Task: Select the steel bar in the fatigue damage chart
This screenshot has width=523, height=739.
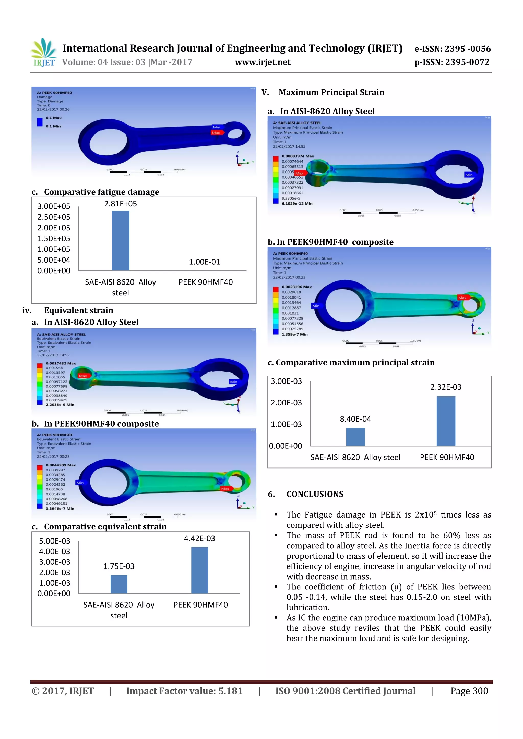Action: tap(121, 240)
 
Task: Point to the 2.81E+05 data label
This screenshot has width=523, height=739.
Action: tap(121, 204)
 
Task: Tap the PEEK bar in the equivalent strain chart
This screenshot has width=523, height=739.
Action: tap(199, 570)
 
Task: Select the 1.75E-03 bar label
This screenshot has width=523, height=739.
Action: tap(119, 566)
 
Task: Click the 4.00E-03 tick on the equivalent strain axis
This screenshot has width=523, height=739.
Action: tap(54, 551)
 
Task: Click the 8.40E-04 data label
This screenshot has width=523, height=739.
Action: tap(355, 419)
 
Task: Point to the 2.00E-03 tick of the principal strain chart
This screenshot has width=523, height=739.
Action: tap(286, 403)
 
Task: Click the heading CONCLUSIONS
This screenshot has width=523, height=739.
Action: tap(315, 494)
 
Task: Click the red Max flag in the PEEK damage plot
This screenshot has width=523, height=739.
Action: tap(216, 133)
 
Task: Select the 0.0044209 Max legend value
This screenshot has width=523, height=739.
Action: tap(61, 465)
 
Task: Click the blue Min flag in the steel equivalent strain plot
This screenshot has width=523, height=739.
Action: tap(233, 382)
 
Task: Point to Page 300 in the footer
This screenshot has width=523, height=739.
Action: tap(469, 691)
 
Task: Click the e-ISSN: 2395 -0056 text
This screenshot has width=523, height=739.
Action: tap(452, 49)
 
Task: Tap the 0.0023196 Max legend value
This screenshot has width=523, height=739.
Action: tap(296, 287)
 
